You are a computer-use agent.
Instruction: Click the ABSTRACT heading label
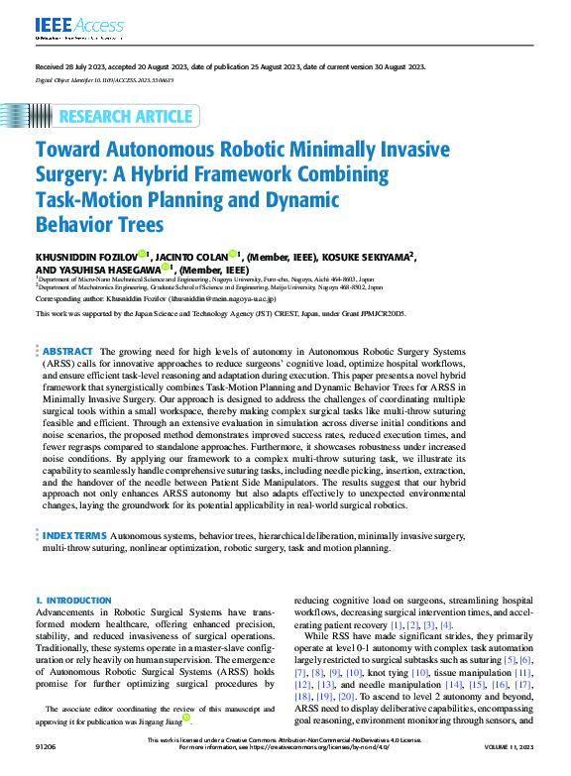point(67,352)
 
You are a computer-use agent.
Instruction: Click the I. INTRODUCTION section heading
point(73,601)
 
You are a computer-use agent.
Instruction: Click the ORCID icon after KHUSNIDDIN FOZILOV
point(143,255)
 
